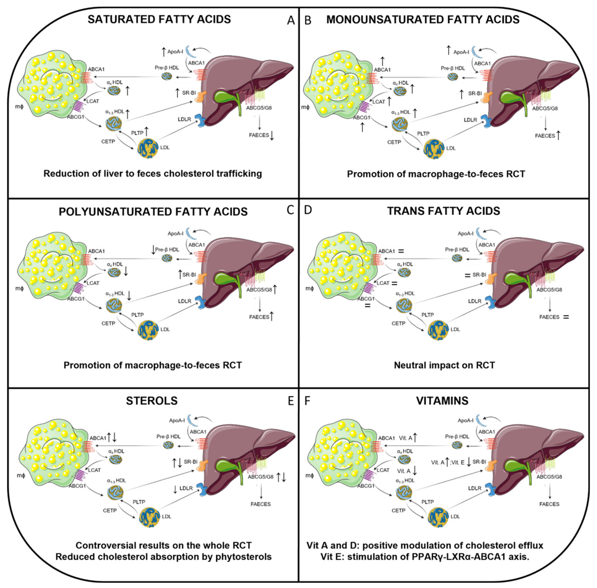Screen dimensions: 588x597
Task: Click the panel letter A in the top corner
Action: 291,20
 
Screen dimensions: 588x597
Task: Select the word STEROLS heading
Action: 152,401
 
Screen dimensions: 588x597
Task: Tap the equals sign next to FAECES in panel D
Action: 566,317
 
